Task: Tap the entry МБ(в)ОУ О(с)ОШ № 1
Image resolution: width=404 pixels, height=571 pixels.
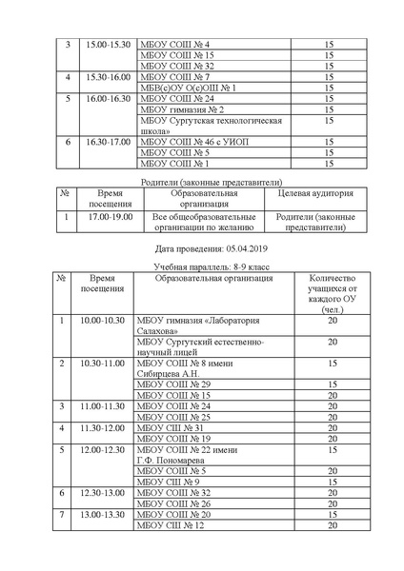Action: coord(188,88)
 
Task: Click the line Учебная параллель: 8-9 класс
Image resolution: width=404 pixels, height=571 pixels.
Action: coord(202,267)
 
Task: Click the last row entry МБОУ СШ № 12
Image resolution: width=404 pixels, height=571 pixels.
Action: coord(172,525)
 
